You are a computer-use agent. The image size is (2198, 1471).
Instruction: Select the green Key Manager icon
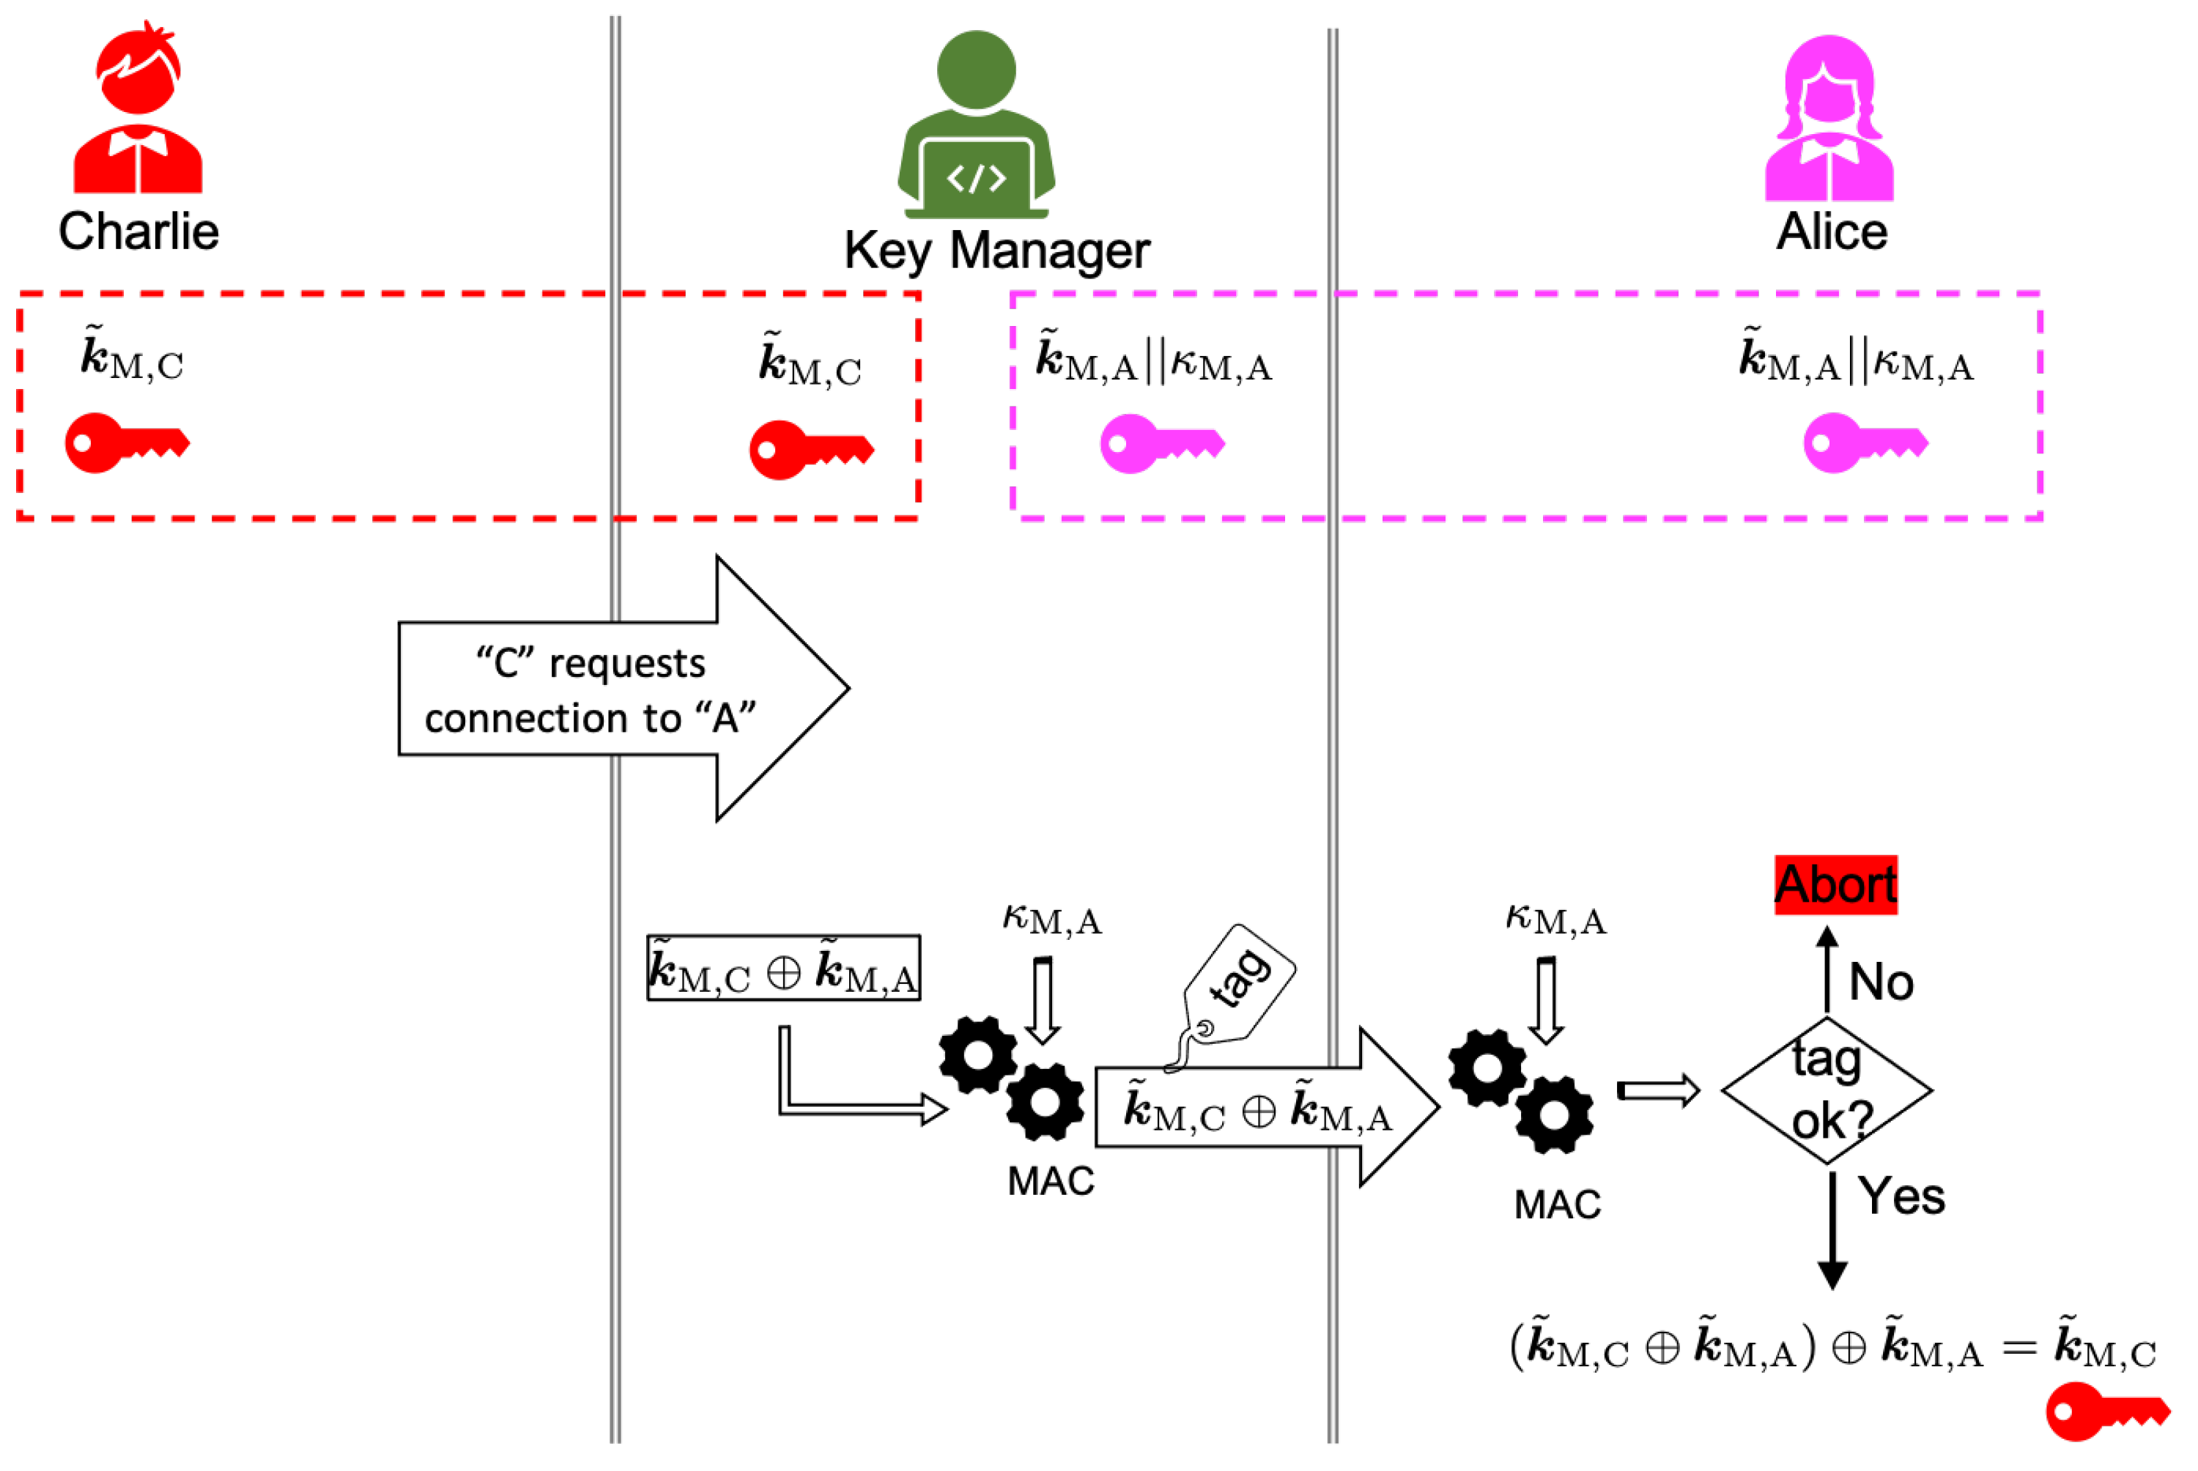pyautogui.click(x=977, y=125)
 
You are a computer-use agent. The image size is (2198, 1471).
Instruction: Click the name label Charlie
pyautogui.click(x=139, y=231)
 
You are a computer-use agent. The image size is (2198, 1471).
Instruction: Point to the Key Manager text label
pyautogui.click(x=996, y=251)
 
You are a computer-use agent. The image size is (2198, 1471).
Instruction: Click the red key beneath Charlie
pyautogui.click(x=127, y=442)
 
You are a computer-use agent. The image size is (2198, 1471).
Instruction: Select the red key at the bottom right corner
pyautogui.click(x=2108, y=1411)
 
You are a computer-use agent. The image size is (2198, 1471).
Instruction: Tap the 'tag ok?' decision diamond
pyautogui.click(x=1827, y=1090)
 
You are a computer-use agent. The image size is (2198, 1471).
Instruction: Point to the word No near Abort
pyautogui.click(x=1881, y=982)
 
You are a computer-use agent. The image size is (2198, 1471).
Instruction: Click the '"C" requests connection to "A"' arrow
pyautogui.click(x=623, y=689)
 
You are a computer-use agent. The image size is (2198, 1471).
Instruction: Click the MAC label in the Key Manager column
pyautogui.click(x=1051, y=1181)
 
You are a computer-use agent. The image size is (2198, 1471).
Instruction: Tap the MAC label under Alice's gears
pyautogui.click(x=1557, y=1204)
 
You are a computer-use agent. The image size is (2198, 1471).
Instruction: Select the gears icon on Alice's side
pyautogui.click(x=1521, y=1091)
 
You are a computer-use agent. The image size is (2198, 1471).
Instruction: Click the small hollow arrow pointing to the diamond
pyautogui.click(x=1657, y=1090)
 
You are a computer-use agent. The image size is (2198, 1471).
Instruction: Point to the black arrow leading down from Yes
pyautogui.click(x=1832, y=1231)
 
